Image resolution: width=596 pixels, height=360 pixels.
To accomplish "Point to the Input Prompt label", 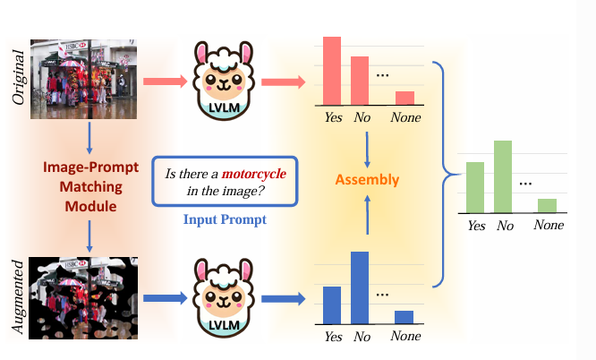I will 223,218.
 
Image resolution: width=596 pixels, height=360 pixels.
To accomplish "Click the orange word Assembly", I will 367,180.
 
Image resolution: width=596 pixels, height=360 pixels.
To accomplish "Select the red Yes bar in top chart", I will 332,69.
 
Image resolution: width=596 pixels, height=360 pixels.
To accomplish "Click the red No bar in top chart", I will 360,80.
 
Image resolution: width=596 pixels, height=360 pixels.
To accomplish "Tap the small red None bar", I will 404,97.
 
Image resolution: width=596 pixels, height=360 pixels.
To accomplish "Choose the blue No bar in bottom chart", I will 360,287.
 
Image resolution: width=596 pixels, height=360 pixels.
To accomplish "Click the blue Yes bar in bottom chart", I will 332,304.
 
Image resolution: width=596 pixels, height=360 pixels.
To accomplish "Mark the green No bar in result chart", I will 502,176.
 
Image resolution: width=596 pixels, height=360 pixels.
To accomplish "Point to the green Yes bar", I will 475,187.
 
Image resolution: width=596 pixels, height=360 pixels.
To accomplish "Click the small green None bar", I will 547,205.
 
